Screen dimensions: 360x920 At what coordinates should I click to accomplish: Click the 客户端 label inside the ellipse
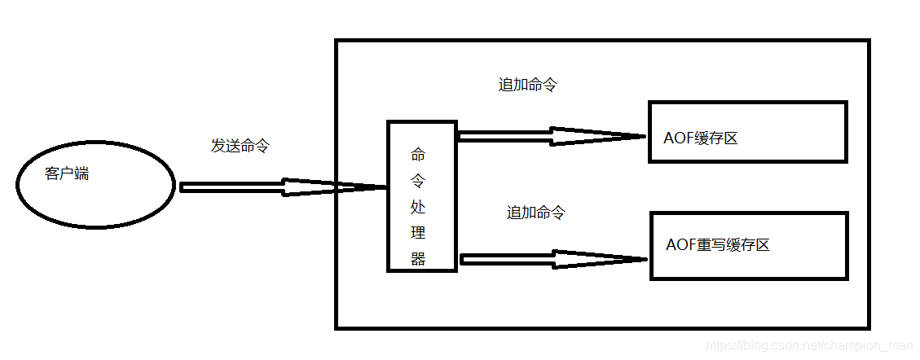click(x=67, y=173)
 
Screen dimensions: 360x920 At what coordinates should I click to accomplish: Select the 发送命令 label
click(x=240, y=147)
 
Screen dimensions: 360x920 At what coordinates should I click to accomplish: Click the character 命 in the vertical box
click(x=418, y=153)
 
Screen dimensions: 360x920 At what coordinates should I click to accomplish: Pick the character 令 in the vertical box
click(x=418, y=179)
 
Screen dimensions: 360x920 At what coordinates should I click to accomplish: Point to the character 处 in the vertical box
click(x=418, y=206)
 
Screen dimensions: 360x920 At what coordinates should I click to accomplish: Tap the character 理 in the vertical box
click(x=418, y=233)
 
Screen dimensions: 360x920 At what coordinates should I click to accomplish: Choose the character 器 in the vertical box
click(x=418, y=259)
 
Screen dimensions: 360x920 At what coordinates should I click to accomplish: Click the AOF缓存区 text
click(x=701, y=138)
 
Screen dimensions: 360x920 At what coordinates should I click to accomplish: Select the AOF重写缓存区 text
click(x=717, y=244)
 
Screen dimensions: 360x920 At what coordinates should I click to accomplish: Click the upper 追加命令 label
click(x=527, y=85)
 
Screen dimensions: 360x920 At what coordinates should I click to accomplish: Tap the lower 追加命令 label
click(x=535, y=213)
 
